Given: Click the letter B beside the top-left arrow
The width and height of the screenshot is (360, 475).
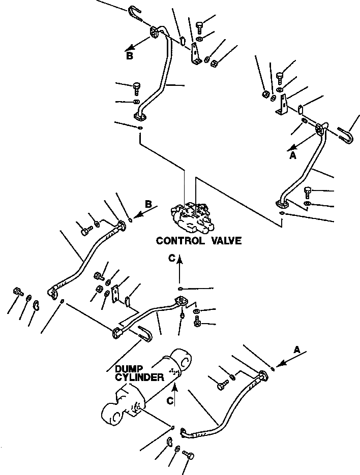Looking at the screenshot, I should pyautogui.click(x=130, y=56).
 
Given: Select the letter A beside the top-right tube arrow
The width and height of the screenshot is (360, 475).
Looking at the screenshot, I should pyautogui.click(x=292, y=156).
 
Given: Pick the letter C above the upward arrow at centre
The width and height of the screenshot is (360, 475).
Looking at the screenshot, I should pyautogui.click(x=173, y=258).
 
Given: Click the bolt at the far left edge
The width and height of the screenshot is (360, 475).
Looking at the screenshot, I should pyautogui.click(x=16, y=293).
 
